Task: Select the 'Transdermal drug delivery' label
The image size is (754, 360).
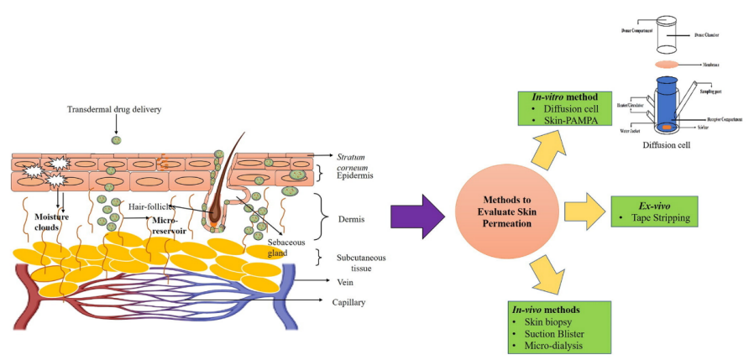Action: click(x=116, y=110)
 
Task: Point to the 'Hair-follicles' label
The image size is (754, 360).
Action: click(x=151, y=206)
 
